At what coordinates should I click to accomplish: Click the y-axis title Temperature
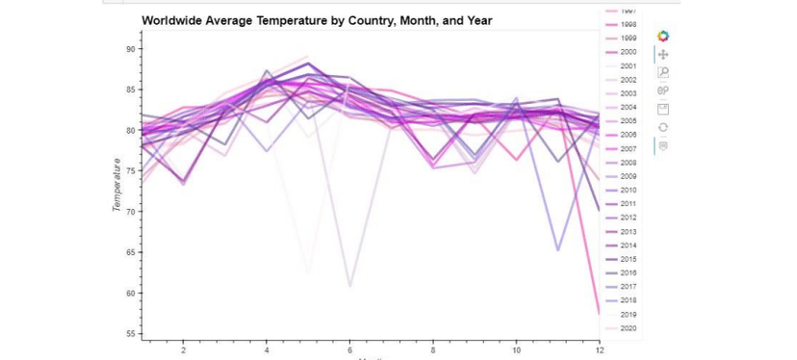pyautogui.click(x=117, y=185)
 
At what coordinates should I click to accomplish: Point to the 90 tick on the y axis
pyautogui.click(x=130, y=49)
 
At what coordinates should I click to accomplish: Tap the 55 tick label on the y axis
pyautogui.click(x=130, y=334)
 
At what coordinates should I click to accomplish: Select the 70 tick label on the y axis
pyautogui.click(x=130, y=212)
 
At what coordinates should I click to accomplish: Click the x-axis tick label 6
pyautogui.click(x=349, y=350)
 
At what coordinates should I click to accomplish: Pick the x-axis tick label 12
pyautogui.click(x=599, y=350)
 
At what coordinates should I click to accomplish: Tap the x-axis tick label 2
pyautogui.click(x=183, y=350)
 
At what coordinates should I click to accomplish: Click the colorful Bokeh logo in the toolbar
pyautogui.click(x=663, y=37)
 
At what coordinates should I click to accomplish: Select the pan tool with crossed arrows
pyautogui.click(x=663, y=55)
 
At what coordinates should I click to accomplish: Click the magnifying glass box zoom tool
pyautogui.click(x=663, y=72)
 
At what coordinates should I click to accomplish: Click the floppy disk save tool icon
pyautogui.click(x=663, y=109)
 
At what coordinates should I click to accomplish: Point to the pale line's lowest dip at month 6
pyautogui.click(x=349, y=286)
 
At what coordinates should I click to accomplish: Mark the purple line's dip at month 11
pyautogui.click(x=558, y=250)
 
